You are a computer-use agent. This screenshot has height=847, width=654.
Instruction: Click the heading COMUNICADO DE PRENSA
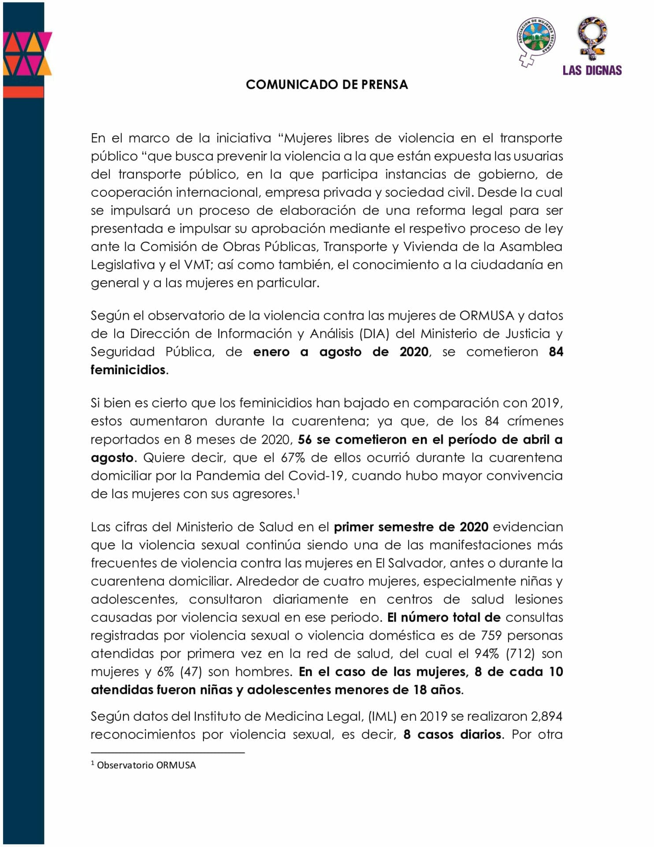(327, 84)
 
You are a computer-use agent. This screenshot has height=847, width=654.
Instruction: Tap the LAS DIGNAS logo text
(592, 71)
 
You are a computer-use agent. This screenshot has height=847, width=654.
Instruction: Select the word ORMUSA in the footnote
(176, 765)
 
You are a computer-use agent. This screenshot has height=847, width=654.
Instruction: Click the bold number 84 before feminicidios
(556, 352)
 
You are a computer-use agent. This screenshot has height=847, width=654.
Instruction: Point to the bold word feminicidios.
(128, 370)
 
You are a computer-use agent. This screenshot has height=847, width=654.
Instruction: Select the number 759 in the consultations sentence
(491, 635)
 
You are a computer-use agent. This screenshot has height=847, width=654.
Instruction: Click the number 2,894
(546, 716)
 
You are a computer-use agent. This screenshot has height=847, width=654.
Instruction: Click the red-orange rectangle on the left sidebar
(24, 92)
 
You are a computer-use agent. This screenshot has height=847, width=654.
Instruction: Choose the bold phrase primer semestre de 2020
(411, 527)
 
